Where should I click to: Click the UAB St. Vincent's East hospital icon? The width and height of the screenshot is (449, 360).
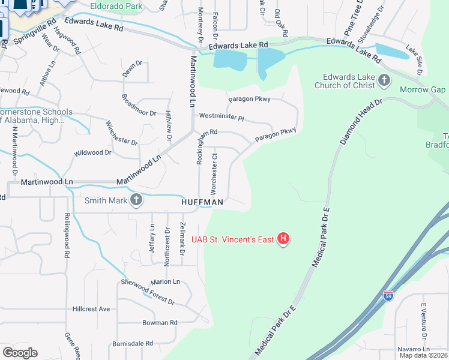(283, 240)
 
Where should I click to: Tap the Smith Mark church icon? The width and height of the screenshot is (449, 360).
(136, 200)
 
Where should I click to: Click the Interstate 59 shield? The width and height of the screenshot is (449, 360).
(388, 296)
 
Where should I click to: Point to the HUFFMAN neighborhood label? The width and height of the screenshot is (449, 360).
(203, 203)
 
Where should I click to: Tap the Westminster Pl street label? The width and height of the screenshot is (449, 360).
(222, 116)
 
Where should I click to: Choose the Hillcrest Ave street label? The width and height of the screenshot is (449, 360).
(91, 309)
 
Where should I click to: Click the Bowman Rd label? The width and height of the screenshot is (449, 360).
(160, 323)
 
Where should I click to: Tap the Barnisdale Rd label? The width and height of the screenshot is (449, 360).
(133, 344)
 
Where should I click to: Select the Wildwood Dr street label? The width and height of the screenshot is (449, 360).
(92, 153)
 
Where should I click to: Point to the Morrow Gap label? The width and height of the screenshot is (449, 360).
(423, 90)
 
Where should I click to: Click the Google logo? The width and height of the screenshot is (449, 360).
(20, 353)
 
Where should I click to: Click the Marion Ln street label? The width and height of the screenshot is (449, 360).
(165, 281)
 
